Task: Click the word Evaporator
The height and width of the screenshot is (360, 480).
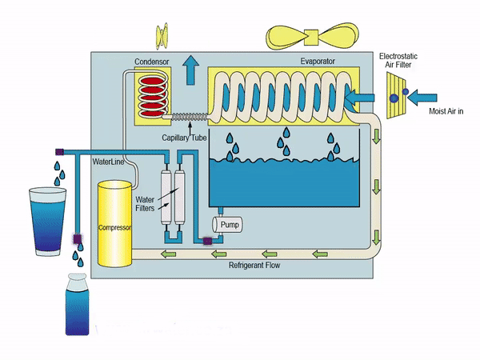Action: (317, 61)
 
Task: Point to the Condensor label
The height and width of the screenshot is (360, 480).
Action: (152, 61)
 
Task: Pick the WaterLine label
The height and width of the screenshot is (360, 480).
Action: (110, 162)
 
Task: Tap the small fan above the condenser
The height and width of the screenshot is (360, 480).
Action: (162, 34)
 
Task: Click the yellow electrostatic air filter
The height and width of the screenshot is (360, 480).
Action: (398, 96)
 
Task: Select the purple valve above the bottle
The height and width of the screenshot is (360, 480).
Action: (78, 238)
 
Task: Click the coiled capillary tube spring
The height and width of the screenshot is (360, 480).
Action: (189, 117)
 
